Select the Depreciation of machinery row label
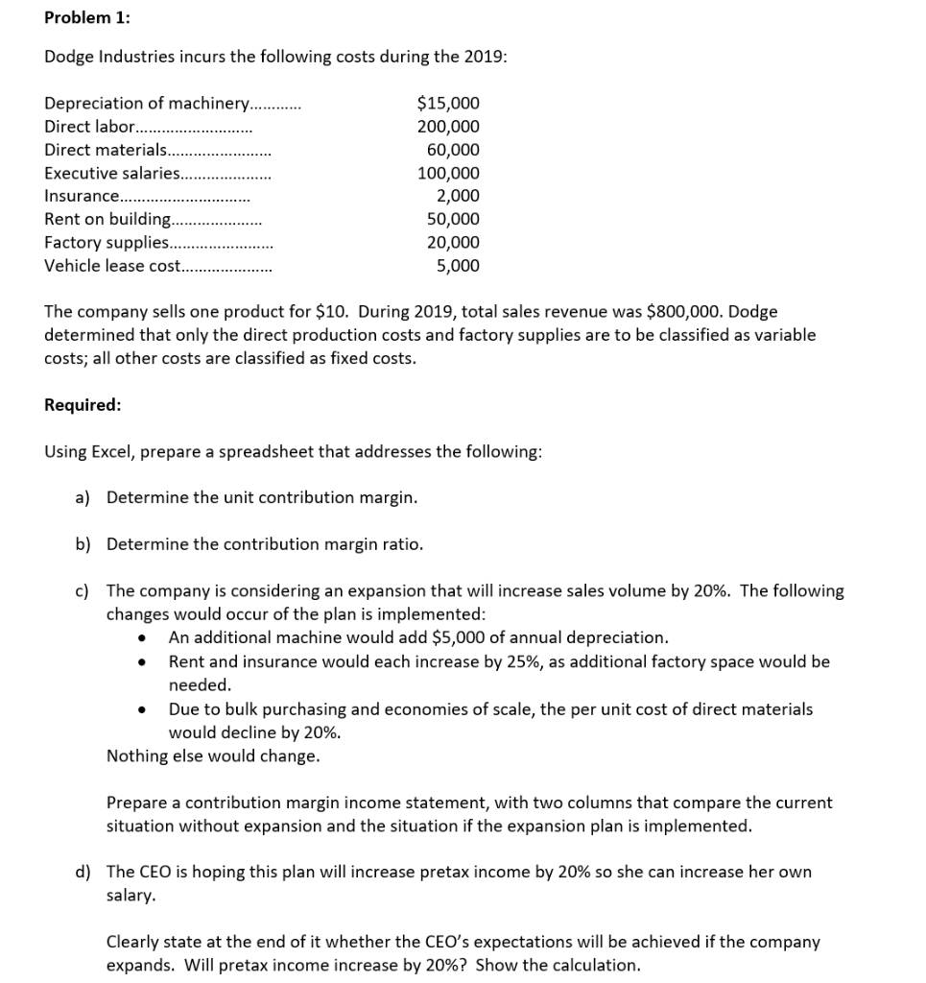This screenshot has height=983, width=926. pyautogui.click(x=147, y=104)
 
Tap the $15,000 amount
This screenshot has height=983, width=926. pyautogui.click(x=448, y=104)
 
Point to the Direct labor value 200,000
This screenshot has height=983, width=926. pyautogui.click(x=448, y=127)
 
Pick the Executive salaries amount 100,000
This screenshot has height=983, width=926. pyautogui.click(x=448, y=174)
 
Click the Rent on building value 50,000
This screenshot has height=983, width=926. pyautogui.click(x=453, y=220)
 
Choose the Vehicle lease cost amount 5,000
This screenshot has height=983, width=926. pyautogui.click(x=458, y=266)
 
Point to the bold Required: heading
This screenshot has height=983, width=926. pyautogui.click(x=83, y=404)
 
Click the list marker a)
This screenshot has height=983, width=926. pyautogui.click(x=83, y=497)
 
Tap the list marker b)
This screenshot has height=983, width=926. pyautogui.click(x=83, y=544)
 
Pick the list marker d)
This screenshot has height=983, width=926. pyautogui.click(x=83, y=872)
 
